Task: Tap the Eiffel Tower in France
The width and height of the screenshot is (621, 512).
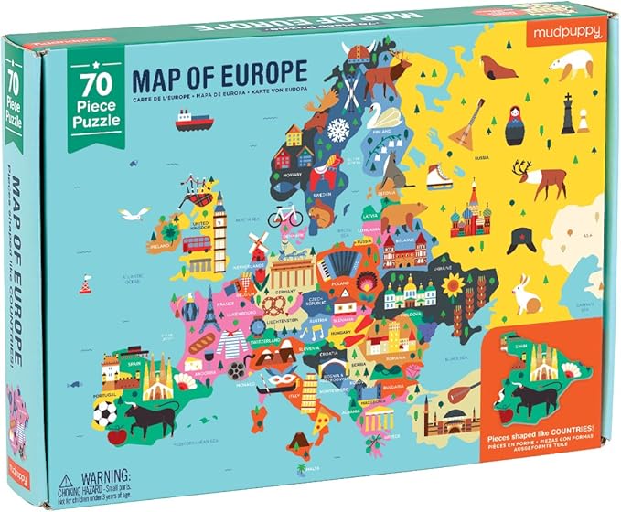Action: pyautogui.click(x=209, y=312)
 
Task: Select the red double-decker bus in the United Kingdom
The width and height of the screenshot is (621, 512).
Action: pyautogui.click(x=197, y=244)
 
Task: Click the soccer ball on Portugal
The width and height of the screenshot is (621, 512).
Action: pyautogui.click(x=105, y=414)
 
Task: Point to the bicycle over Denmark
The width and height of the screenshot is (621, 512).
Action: pyautogui.click(x=285, y=215)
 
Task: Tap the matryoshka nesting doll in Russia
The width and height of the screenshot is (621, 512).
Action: pyautogui.click(x=516, y=127)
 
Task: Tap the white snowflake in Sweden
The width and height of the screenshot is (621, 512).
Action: pyautogui.click(x=338, y=129)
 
